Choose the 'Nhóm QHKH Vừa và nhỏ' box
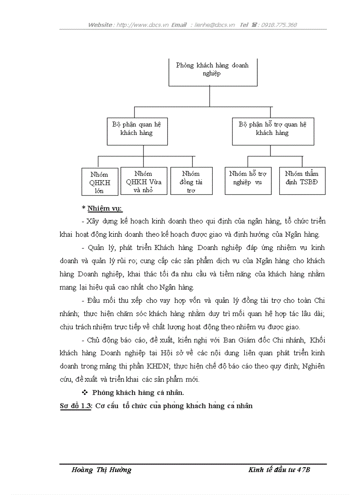pos(143,182)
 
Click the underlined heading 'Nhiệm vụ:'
pos(105,208)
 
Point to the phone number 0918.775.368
pos(279,25)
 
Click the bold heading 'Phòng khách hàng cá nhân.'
pos(138,392)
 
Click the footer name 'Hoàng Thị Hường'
pos(101,470)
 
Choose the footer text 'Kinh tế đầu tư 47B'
pos(279,470)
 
